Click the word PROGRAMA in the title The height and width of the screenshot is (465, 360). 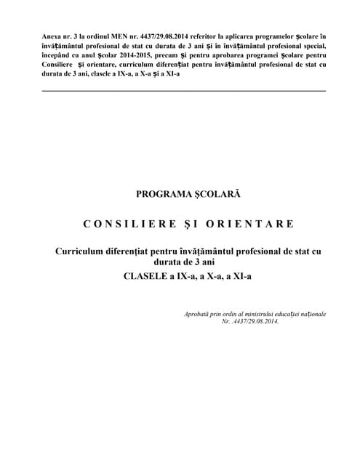tap(161, 195)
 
